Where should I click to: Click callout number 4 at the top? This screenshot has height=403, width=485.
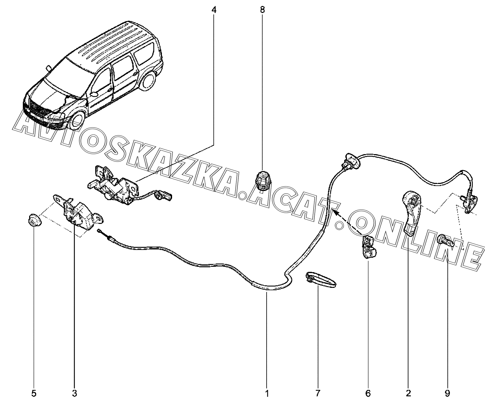click(214, 10)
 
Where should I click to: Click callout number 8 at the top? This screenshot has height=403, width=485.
click(262, 10)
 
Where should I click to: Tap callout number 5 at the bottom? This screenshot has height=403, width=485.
click(34, 393)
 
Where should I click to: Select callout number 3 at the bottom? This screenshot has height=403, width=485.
click(74, 393)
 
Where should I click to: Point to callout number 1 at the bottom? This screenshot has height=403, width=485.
click(267, 393)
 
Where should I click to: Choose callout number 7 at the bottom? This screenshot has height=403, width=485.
click(318, 393)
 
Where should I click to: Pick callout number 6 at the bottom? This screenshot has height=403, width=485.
click(368, 393)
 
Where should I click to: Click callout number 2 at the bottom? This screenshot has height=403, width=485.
click(408, 393)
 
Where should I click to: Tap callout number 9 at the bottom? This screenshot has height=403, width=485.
click(447, 393)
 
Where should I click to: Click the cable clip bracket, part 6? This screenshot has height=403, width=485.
click(369, 247)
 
